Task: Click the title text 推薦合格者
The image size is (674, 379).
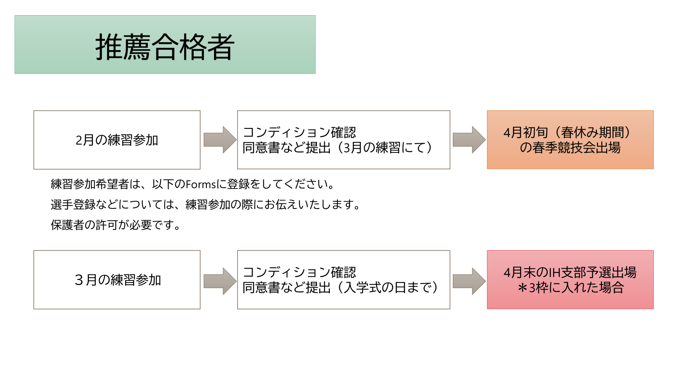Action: click(165, 46)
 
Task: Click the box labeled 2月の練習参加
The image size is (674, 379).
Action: click(117, 140)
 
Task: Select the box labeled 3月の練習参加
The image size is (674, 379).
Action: click(117, 280)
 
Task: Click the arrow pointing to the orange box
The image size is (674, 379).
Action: click(469, 140)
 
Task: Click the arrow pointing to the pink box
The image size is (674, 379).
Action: click(469, 281)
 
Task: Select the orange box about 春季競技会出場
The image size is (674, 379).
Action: click(570, 140)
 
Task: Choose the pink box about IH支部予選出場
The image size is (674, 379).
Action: click(570, 280)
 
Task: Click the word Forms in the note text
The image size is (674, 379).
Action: click(201, 184)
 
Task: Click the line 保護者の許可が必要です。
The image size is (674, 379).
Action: click(116, 225)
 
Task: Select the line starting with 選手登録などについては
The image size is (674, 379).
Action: click(206, 205)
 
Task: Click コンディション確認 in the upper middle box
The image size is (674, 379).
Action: click(299, 132)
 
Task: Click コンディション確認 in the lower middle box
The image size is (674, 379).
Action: click(299, 272)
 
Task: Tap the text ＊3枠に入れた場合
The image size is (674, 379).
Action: click(570, 288)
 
